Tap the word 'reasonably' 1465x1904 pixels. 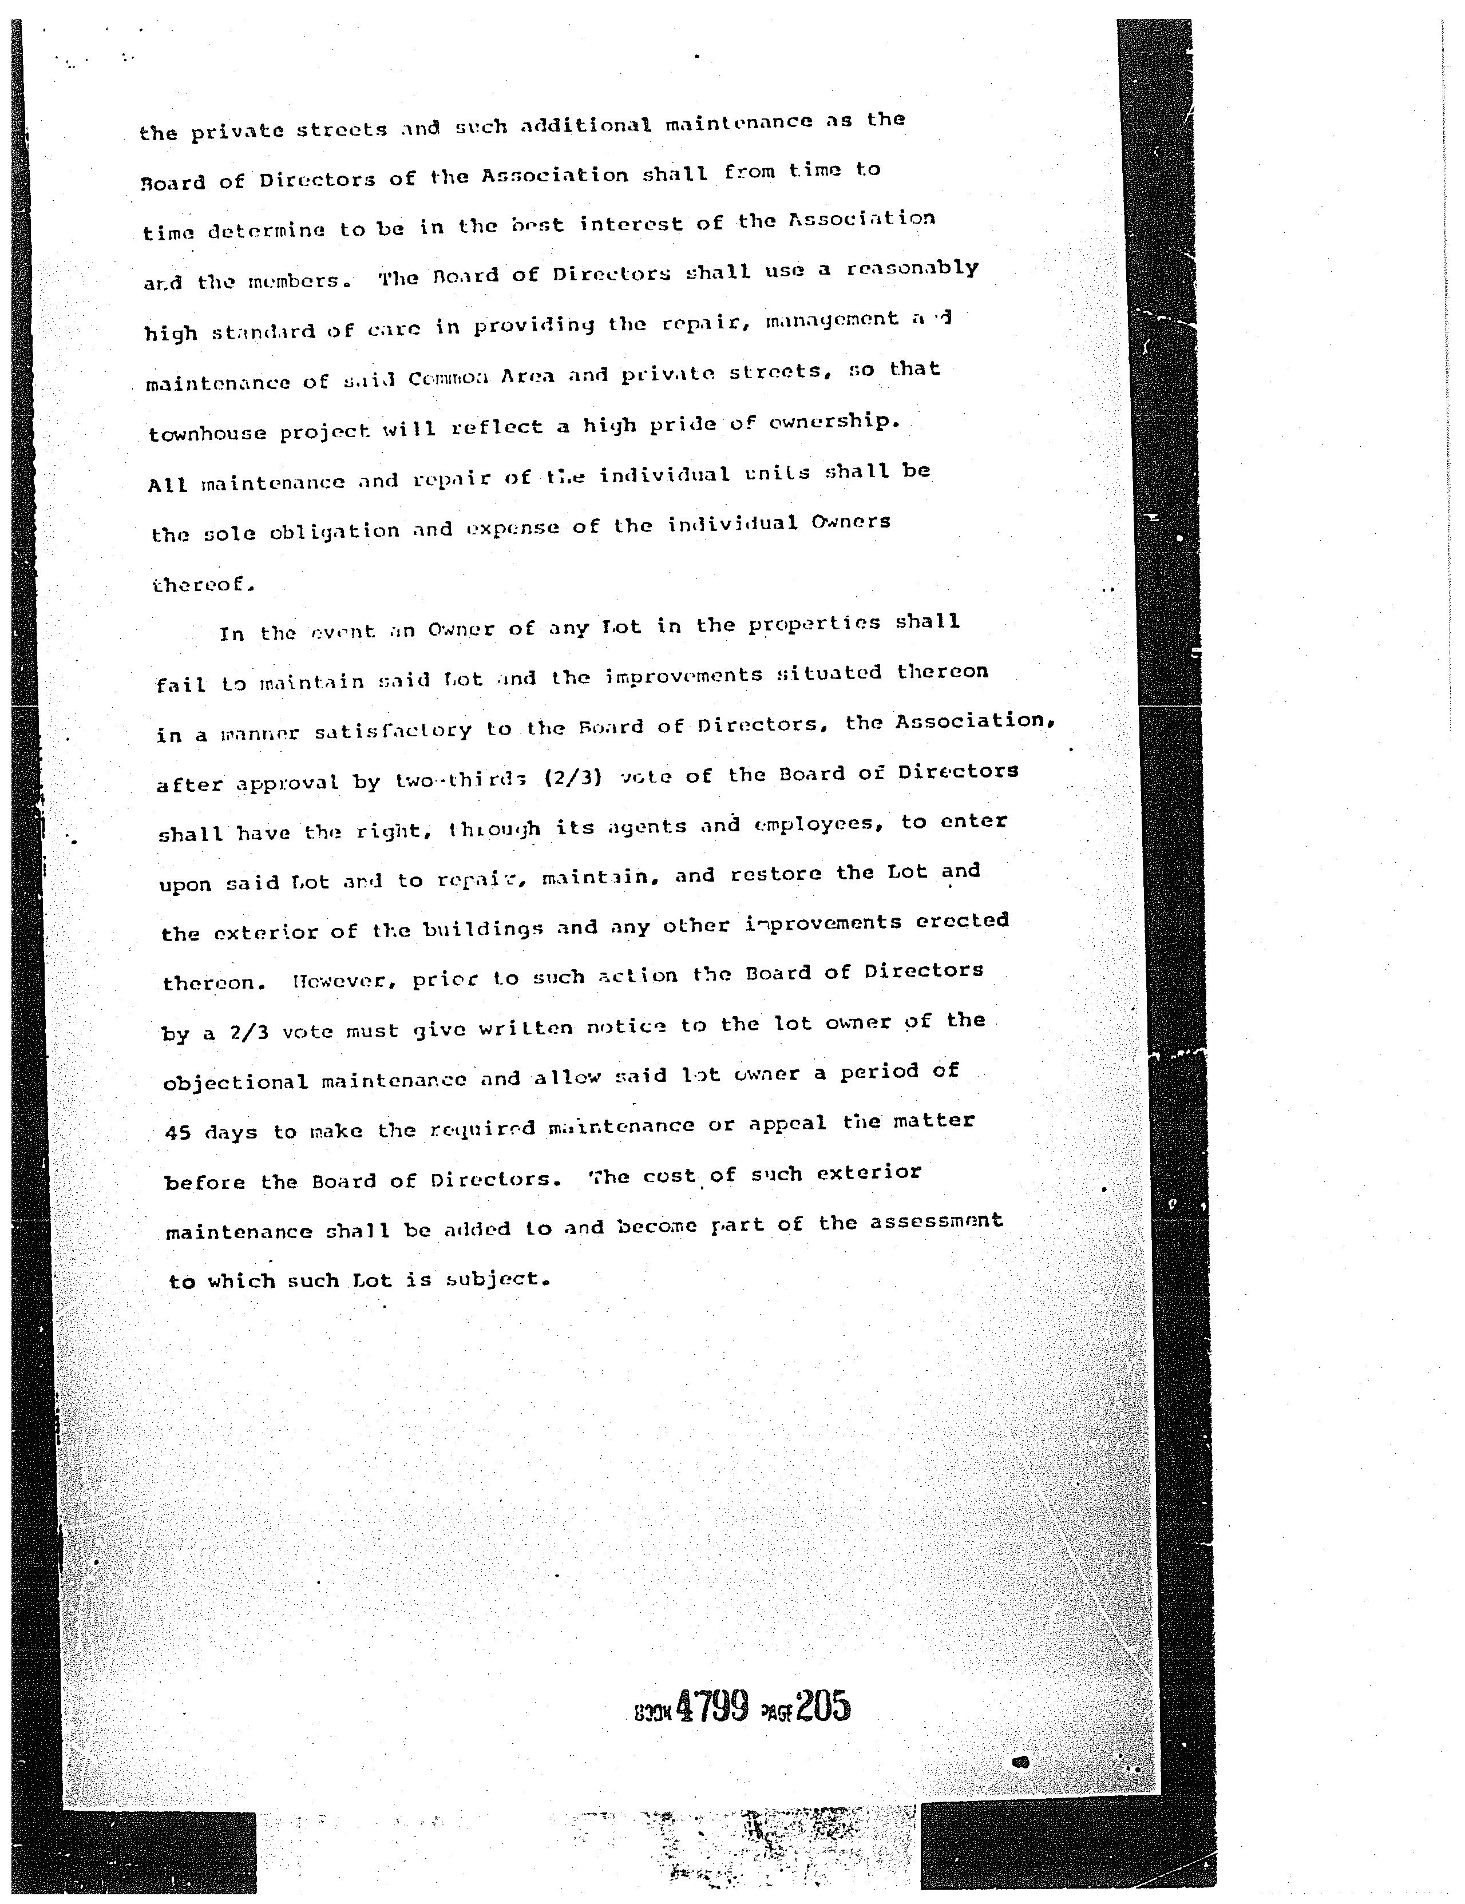tap(912, 269)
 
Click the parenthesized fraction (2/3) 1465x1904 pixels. tap(573, 777)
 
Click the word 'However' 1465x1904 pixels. tap(346, 981)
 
